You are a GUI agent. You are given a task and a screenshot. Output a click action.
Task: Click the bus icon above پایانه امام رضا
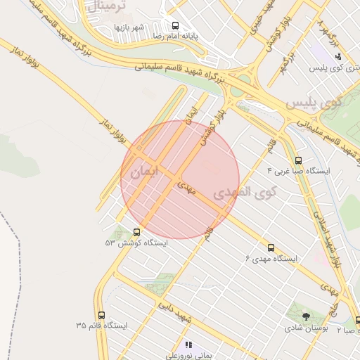[x=174, y=25]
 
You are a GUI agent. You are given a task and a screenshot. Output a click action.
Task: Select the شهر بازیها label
[x=129, y=27]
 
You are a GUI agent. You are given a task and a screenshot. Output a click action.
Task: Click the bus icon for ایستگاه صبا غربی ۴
[x=298, y=160]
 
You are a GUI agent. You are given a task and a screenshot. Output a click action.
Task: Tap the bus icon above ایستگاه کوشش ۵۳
[x=136, y=232]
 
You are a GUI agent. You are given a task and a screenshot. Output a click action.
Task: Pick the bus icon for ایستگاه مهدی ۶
[x=271, y=247]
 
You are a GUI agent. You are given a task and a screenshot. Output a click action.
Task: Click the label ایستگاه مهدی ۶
[x=271, y=259]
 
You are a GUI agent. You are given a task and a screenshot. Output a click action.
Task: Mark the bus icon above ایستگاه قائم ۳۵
[x=102, y=315]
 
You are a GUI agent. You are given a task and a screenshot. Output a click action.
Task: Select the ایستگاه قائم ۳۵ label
[x=102, y=326]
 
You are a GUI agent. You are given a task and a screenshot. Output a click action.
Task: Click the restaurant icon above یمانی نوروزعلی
[x=188, y=345]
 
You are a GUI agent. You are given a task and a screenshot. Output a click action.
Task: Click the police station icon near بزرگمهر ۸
[x=337, y=56]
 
